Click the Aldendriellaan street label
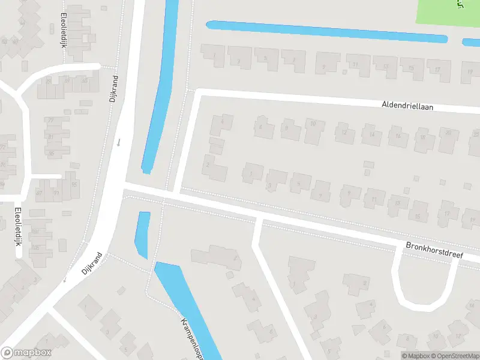point(407,106)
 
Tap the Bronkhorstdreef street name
point(434,250)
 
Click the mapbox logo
point(26,353)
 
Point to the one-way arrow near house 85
point(119,142)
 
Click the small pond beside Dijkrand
point(143,234)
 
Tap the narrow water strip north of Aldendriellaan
point(327,32)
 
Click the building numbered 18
point(424,139)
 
